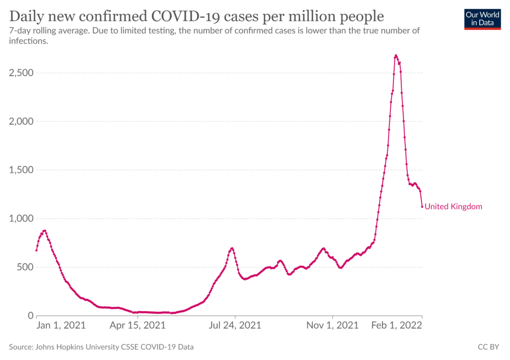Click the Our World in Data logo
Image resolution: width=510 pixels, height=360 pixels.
pyautogui.click(x=482, y=19)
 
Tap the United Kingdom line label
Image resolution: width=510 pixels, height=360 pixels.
pyautogui.click(x=453, y=207)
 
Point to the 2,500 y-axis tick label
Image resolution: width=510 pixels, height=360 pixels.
pyautogui.click(x=21, y=73)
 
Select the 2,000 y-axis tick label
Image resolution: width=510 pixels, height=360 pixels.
pyautogui.click(x=21, y=121)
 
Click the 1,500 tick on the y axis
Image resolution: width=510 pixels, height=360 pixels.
pyautogui.click(x=21, y=170)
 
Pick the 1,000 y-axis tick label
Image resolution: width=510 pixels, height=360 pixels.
pyautogui.click(x=21, y=219)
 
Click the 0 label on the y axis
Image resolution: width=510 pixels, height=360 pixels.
pyautogui.click(x=31, y=316)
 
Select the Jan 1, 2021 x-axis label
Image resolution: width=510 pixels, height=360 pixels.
pyautogui.click(x=61, y=325)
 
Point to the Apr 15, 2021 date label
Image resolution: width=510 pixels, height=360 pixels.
pyautogui.click(x=137, y=325)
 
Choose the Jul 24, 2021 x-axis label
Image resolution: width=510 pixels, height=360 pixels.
pyautogui.click(x=235, y=325)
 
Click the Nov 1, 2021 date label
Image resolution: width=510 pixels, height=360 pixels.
pyautogui.click(x=332, y=325)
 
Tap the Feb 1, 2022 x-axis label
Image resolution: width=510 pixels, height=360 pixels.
pyautogui.click(x=397, y=325)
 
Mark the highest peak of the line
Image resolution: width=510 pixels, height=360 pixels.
pyautogui.click(x=396, y=56)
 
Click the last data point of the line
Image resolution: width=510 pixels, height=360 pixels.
pyautogui.click(x=422, y=207)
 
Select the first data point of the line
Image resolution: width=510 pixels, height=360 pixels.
pyautogui.click(x=36, y=250)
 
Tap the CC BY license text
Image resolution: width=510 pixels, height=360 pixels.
pyautogui.click(x=488, y=347)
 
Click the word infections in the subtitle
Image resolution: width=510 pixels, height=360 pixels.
pyautogui.click(x=28, y=41)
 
